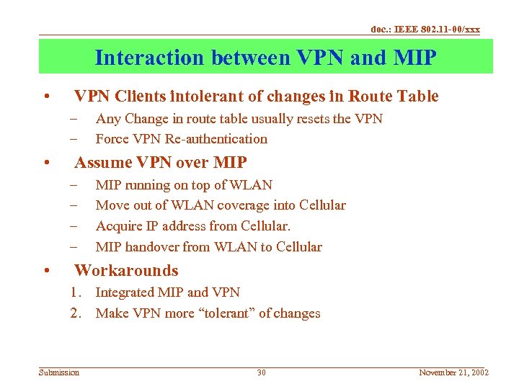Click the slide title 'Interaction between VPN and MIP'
265,58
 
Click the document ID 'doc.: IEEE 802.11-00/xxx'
425,30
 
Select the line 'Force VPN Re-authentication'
182,139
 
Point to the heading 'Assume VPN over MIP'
161,162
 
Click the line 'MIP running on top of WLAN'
184,185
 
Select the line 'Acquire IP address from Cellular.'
193,226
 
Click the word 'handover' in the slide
152,247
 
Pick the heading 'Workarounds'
126,271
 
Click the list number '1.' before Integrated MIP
77,292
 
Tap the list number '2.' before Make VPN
77,313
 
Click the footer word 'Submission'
59,372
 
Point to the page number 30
262,372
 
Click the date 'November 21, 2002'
453,372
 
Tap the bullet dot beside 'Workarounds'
45,272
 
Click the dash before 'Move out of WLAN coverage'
74,206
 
